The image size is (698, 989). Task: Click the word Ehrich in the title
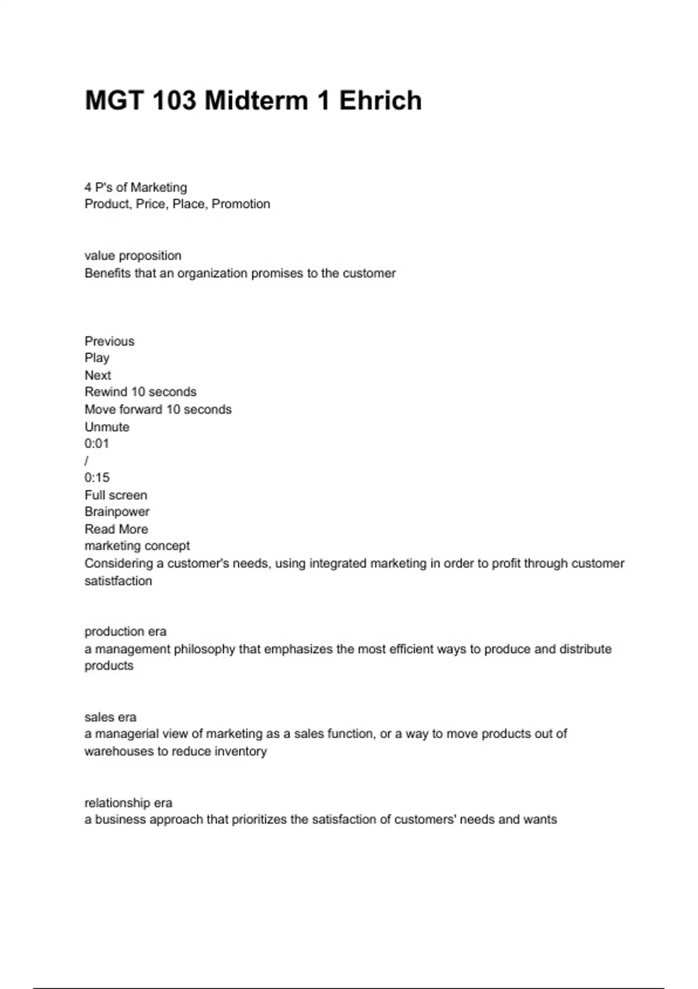tap(380, 101)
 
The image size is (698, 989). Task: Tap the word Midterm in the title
tap(257, 101)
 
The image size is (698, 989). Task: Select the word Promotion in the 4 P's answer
tap(241, 204)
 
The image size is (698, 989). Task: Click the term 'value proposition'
tap(133, 256)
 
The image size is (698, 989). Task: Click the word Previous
tap(109, 341)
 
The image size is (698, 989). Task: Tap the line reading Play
tap(97, 358)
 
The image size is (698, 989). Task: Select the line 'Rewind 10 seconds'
tap(140, 392)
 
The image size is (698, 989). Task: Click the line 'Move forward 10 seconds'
tap(158, 410)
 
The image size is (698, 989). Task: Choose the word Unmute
tap(107, 427)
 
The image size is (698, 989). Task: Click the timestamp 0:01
tap(97, 444)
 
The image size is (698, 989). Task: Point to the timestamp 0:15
tap(97, 478)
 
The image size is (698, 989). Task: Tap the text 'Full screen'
tap(116, 496)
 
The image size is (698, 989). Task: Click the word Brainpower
tap(117, 512)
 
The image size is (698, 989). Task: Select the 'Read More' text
tap(116, 529)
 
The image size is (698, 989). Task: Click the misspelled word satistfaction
tap(118, 581)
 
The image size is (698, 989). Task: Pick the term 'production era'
tap(125, 632)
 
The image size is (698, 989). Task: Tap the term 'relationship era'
tap(128, 803)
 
